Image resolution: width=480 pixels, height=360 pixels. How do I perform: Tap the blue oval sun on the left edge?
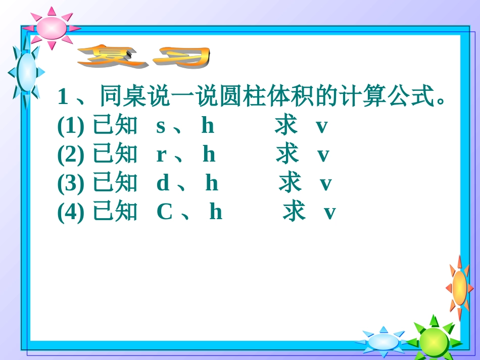pos(26,72)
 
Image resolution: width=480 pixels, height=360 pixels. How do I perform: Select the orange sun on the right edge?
pos(459,288)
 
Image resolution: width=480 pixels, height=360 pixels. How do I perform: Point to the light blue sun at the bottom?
pos(382,341)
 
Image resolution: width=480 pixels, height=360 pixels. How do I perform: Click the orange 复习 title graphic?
pos(144,57)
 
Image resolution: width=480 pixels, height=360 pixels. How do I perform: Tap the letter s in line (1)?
pos(161,126)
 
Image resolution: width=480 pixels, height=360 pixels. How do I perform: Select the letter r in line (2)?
pos(161,155)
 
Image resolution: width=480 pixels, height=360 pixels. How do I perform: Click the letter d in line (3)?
pos(163,184)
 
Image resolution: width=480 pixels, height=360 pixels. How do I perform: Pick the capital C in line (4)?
pos(165,213)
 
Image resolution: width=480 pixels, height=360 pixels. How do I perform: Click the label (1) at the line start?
pos(70,127)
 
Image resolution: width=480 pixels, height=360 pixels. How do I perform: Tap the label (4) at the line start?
pos(70,213)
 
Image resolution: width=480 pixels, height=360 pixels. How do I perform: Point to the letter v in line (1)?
pos(322,127)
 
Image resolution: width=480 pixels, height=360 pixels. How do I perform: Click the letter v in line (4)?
pos(329,213)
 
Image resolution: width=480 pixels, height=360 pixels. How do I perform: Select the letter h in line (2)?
pos(209,155)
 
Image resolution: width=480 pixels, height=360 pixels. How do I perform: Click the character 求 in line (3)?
pos(290,183)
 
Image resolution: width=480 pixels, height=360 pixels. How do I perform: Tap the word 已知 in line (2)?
pos(115,155)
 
